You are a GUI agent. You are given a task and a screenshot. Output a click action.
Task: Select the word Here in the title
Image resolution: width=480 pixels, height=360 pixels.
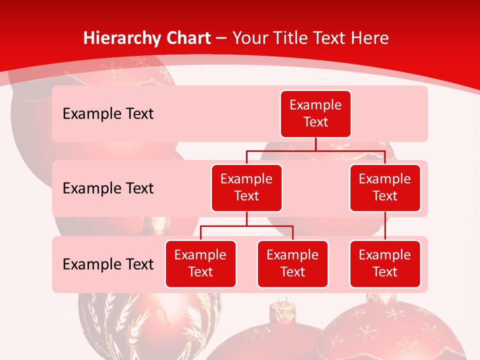coord(369,38)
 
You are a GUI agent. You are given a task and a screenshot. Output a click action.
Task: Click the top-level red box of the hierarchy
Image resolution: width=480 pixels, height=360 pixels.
coord(315,113)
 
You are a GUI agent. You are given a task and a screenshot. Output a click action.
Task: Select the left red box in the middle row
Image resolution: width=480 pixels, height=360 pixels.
coord(246,187)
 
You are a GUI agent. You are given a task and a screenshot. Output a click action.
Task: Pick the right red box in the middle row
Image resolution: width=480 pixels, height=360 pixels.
coord(385,187)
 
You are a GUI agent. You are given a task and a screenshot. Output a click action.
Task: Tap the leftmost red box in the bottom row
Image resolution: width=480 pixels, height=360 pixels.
coord(200,263)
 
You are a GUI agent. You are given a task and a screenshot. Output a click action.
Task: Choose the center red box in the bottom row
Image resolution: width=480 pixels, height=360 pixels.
coord(292,263)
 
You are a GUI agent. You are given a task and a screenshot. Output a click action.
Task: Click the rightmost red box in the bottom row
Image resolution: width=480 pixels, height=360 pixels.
coord(385,263)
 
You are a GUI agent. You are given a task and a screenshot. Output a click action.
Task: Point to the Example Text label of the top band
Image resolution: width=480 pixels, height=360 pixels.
coord(108,114)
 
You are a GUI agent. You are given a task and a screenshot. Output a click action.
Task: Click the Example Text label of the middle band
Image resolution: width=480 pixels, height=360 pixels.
coord(108,188)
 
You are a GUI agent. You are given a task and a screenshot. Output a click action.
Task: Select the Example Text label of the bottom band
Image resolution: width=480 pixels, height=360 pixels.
coord(108,264)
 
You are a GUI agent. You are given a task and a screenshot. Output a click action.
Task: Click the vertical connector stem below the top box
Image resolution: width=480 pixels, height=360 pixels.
coord(315,144)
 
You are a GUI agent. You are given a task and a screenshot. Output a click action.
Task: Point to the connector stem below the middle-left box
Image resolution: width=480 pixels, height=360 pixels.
coord(246,218)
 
